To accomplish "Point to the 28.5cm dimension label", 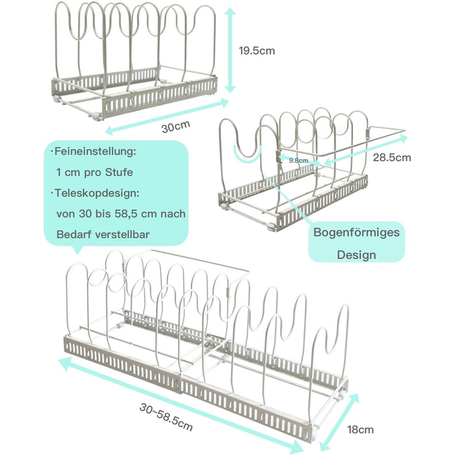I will coord(393,157).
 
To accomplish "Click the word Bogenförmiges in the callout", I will coord(356,232).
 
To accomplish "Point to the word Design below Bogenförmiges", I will coord(356,254).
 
